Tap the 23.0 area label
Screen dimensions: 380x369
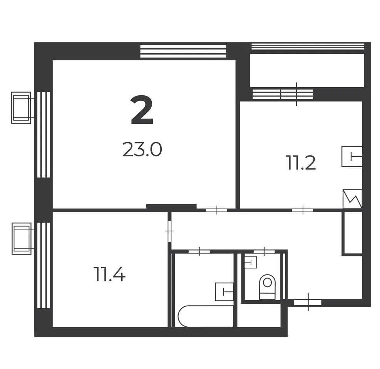142,150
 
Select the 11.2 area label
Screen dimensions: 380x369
301,163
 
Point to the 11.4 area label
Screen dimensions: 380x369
110,274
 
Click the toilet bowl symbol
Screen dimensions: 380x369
267,287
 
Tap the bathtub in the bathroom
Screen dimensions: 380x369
206,316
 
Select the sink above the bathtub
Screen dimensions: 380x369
224,292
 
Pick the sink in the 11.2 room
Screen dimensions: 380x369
352,156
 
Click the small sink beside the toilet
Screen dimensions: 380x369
251,261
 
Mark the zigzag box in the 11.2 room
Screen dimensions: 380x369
352,199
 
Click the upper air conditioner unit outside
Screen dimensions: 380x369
21,108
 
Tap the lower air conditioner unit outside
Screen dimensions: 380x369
22,239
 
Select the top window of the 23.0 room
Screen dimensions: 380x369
183,51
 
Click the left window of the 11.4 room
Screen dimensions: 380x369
44,266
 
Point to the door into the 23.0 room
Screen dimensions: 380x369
216,210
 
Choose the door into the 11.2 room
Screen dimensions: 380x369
303,210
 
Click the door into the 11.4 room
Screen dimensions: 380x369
170,231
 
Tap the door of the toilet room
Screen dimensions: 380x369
264,251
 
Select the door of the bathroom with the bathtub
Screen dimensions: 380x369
199,251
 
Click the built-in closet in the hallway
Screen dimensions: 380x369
352,233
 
